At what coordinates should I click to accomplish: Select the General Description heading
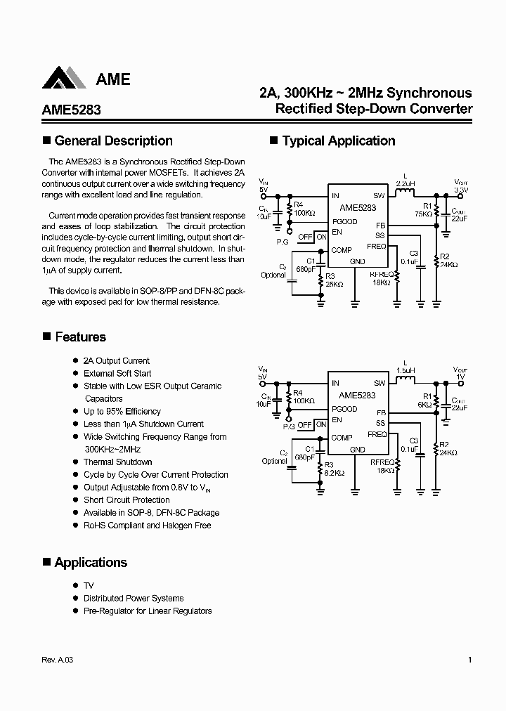113,141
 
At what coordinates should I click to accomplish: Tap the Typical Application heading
339,141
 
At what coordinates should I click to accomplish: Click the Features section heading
80,337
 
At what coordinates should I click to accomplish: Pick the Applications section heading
91,562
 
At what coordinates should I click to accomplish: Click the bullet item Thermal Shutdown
117,462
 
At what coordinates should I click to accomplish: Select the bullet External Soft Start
117,373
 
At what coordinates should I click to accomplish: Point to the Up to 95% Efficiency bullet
122,411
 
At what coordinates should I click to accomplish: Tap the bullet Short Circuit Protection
126,500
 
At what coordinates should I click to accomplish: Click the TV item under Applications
89,585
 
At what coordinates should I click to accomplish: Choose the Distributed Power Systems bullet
134,598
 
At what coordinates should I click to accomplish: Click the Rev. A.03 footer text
57,660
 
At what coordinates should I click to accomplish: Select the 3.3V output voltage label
460,190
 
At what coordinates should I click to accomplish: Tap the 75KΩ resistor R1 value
423,213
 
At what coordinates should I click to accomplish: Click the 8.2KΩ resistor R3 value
333,473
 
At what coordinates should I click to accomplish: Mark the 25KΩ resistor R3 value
333,285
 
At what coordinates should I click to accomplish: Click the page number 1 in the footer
469,660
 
